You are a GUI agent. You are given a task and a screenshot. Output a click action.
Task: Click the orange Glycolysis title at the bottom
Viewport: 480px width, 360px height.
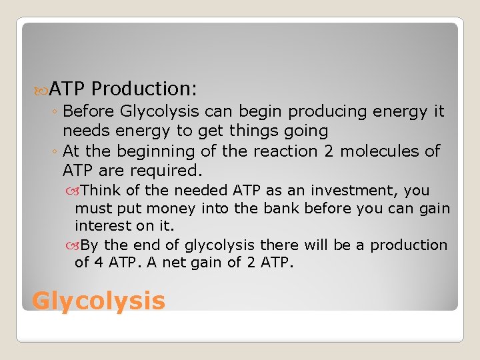click(98, 301)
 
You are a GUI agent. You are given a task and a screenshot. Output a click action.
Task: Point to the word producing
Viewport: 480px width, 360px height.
click(329, 111)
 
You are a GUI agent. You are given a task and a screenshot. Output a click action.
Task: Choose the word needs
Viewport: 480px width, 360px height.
click(84, 131)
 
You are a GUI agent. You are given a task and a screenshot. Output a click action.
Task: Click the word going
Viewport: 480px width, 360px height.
click(303, 131)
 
